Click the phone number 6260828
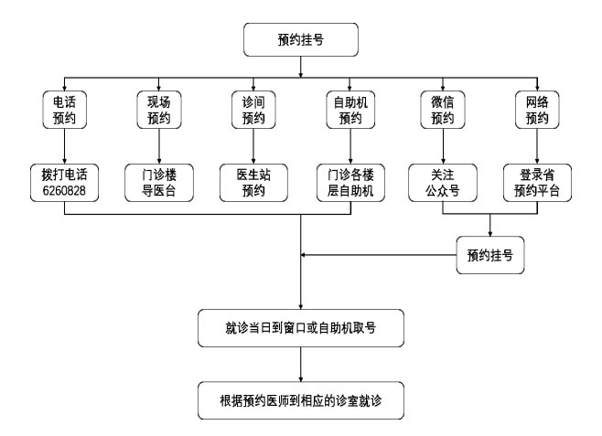(x=66, y=190)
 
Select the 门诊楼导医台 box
(x=160, y=182)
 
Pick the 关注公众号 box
(x=444, y=182)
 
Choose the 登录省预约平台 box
(x=538, y=182)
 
